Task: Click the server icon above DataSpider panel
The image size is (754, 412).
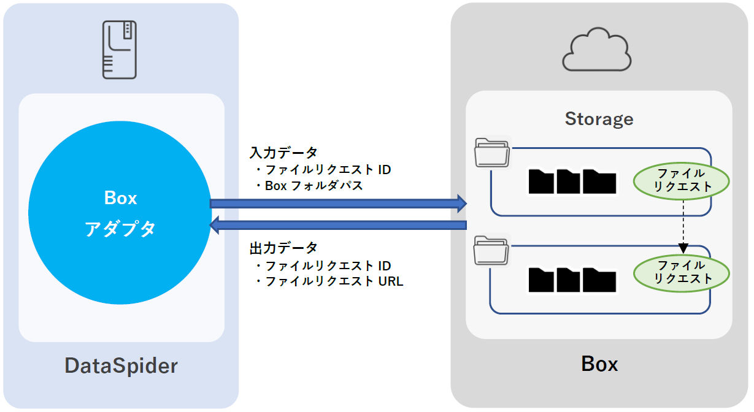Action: pos(120,49)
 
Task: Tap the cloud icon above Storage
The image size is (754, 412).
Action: pos(597,51)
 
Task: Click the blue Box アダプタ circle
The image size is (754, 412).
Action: pos(120,213)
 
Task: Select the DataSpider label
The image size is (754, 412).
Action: pos(121,366)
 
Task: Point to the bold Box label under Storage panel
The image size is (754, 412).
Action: pos(599,364)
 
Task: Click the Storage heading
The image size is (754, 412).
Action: pos(599,119)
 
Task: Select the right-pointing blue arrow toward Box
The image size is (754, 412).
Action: pos(338,204)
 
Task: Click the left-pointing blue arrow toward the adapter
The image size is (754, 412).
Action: pos(338,226)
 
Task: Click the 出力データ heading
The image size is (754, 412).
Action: pos(283,248)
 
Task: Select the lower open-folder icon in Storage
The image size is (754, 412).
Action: pos(492,251)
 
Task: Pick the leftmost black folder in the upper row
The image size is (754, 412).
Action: pos(541,181)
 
